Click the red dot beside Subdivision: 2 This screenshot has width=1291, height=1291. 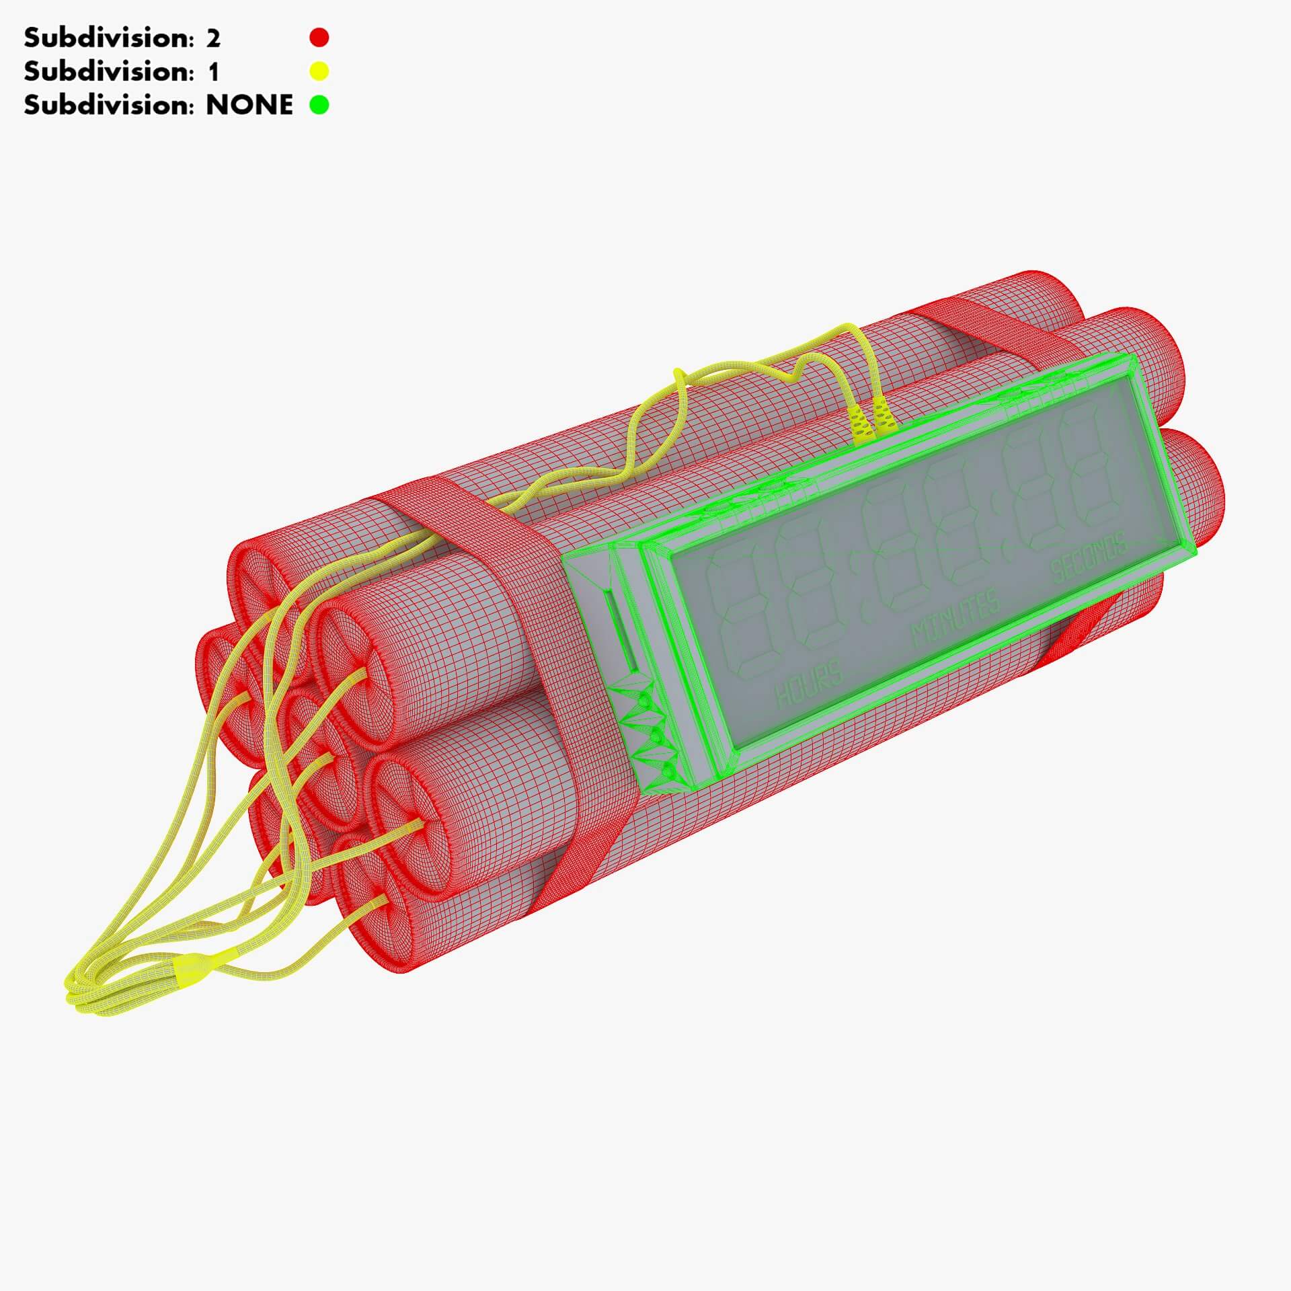pos(319,38)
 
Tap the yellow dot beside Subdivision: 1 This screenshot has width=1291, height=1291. pos(319,71)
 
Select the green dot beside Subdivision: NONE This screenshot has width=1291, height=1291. pos(319,104)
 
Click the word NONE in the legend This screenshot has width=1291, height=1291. pos(249,105)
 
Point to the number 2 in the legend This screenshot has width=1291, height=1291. pos(212,38)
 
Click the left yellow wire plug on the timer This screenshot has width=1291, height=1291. pos(859,424)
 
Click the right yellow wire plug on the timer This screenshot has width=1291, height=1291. pos(883,416)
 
